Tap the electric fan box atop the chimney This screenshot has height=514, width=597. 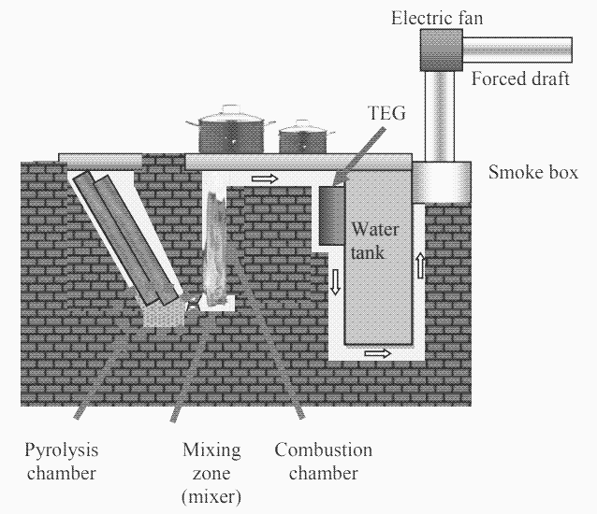click(441, 49)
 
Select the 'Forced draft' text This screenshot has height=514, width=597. click(520, 79)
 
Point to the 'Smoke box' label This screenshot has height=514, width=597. click(533, 173)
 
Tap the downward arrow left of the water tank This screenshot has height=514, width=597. click(334, 278)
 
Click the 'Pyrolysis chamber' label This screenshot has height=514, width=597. click(61, 462)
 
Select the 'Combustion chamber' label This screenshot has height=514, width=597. click(323, 462)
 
